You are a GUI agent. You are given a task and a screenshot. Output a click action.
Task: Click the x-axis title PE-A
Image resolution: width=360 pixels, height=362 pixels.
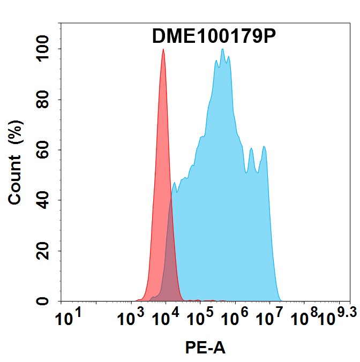[205, 349]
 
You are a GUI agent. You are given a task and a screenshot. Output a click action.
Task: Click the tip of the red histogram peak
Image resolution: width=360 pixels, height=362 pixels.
[163, 50]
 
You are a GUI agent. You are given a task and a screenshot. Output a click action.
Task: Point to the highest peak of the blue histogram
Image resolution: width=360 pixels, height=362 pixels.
[222, 49]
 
